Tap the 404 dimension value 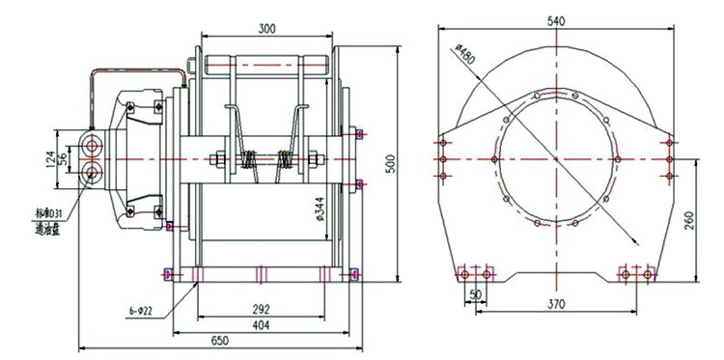[262, 326]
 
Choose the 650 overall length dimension [219, 341]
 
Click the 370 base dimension [554, 303]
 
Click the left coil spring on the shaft [250, 161]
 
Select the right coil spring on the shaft [286, 161]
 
